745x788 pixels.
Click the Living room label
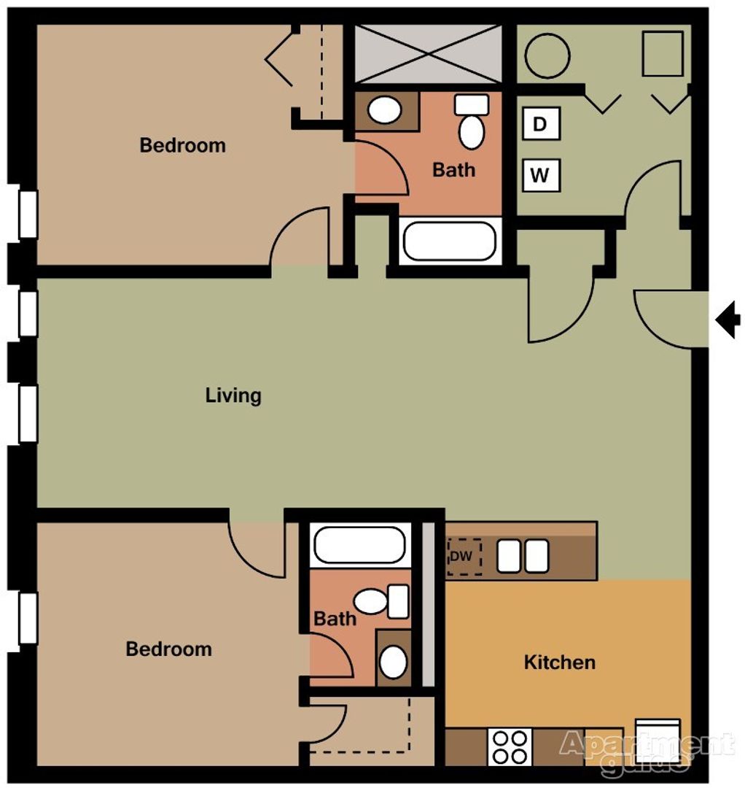pyautogui.click(x=233, y=395)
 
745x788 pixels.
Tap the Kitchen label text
pyautogui.click(x=560, y=663)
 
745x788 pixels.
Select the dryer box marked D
pyautogui.click(x=541, y=123)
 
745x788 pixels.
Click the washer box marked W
pyautogui.click(x=541, y=175)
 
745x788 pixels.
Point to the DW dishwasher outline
pyautogui.click(x=464, y=557)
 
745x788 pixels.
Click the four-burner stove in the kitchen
pyautogui.click(x=510, y=747)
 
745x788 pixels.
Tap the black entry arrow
pyautogui.click(x=728, y=319)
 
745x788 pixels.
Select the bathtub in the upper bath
pyautogui.click(x=450, y=242)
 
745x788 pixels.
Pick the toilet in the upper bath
pyautogui.click(x=472, y=121)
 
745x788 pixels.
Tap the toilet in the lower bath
pyautogui.click(x=381, y=601)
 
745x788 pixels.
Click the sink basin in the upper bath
pyautogui.click(x=385, y=109)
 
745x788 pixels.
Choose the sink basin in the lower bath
pyautogui.click(x=393, y=661)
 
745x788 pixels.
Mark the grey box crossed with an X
pyautogui.click(x=428, y=54)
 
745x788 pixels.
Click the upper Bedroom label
pyautogui.click(x=183, y=145)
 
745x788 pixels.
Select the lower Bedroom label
pyautogui.click(x=168, y=649)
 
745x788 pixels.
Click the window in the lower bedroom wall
pyautogui.click(x=28, y=619)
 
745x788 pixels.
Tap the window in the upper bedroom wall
pyautogui.click(x=28, y=214)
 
